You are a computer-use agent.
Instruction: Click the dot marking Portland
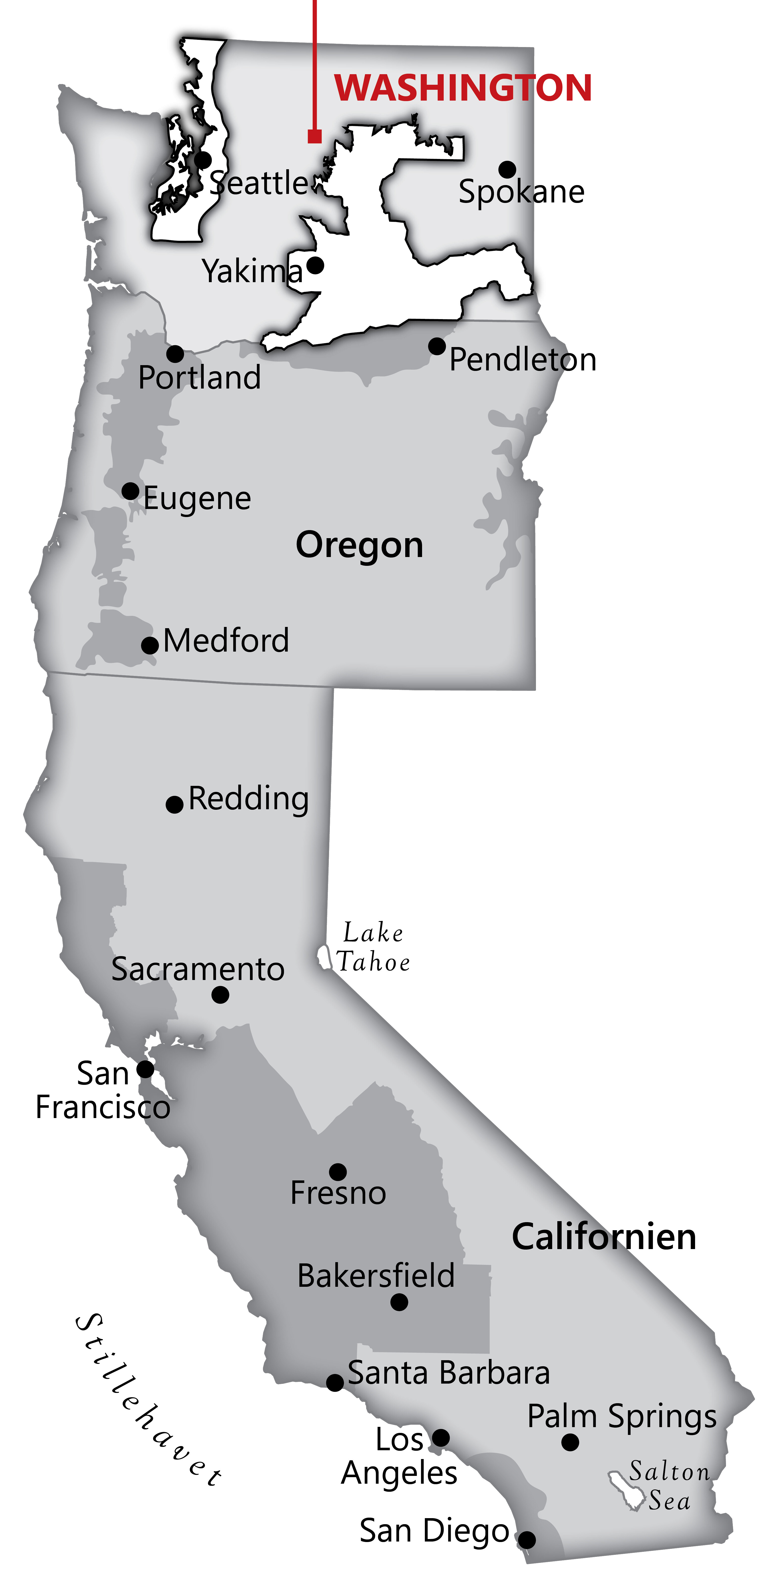[175, 354]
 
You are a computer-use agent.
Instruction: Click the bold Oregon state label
[359, 545]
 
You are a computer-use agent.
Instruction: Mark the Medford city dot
[150, 645]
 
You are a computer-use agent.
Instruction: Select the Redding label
[248, 799]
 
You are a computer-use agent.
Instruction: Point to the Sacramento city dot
[220, 995]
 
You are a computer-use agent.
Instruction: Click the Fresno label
[338, 1193]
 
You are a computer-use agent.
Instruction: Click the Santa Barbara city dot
[335, 1383]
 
